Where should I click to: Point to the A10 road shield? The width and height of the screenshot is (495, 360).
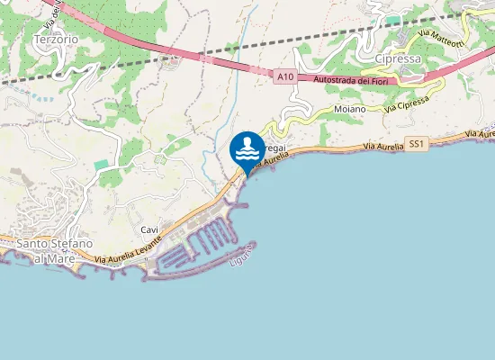(x=285, y=78)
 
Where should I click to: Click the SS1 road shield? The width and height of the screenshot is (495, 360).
(x=415, y=144)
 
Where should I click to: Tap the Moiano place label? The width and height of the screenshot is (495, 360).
(x=349, y=109)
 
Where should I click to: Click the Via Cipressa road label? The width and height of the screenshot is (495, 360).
(x=406, y=105)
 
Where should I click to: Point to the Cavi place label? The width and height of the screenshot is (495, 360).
(x=149, y=230)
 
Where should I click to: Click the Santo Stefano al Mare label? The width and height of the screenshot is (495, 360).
(x=55, y=251)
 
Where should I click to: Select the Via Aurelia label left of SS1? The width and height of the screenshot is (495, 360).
(x=383, y=146)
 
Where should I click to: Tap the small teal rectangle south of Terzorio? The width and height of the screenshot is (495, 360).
(x=102, y=166)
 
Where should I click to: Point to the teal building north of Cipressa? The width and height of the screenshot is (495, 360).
(x=392, y=19)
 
